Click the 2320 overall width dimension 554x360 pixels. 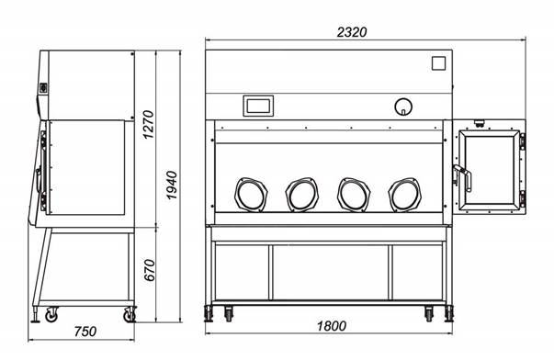pos(352,32)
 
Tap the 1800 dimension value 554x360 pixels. pos(332,326)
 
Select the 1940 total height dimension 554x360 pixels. pos(172,186)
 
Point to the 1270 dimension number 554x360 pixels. pos(149,124)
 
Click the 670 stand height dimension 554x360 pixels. pos(150,270)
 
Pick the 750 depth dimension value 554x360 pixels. pos(85,332)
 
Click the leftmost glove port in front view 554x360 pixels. pos(251,195)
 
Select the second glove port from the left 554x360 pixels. pos(301,195)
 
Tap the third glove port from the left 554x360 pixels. pos(354,195)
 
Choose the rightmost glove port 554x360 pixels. pos(404,195)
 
